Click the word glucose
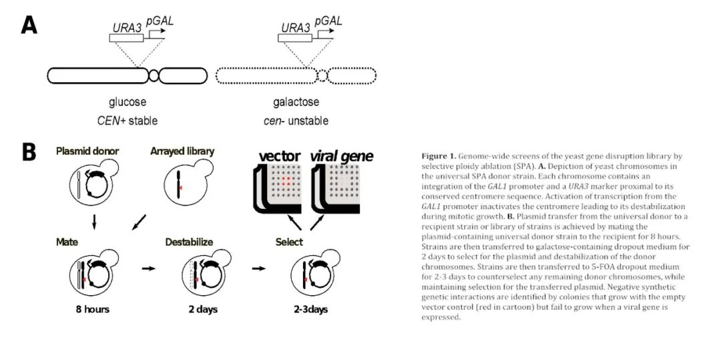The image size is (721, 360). (x=128, y=103)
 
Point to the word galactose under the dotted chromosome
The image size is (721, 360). (x=296, y=103)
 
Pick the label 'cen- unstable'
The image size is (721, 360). (x=296, y=121)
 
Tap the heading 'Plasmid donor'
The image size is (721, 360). (x=88, y=152)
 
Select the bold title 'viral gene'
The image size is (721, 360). (x=341, y=156)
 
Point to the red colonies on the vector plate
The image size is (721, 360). (x=286, y=180)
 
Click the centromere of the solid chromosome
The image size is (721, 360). (x=154, y=75)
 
